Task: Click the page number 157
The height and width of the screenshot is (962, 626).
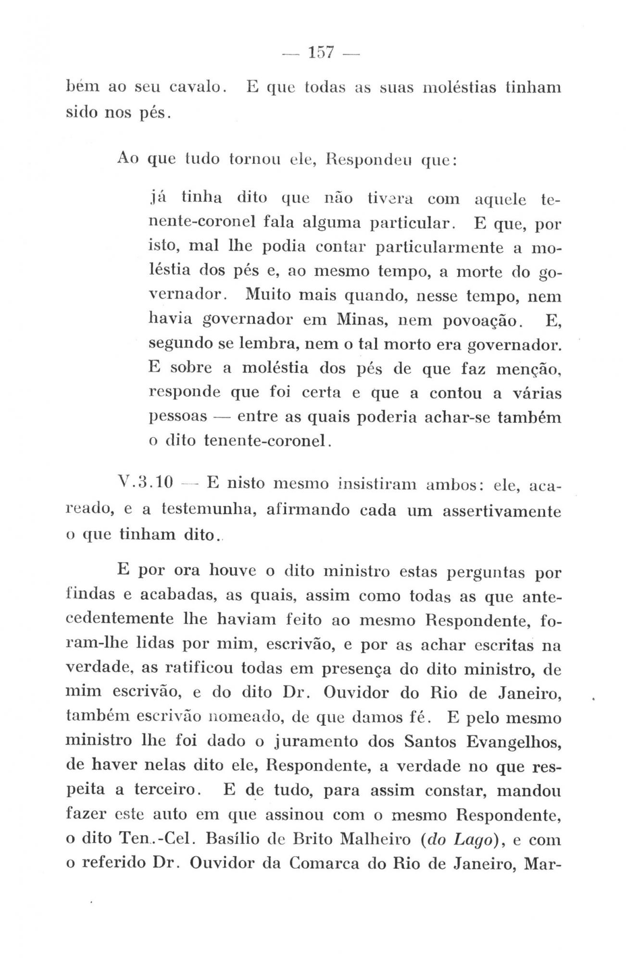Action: coord(320,52)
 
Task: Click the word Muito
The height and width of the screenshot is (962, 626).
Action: coord(266,294)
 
